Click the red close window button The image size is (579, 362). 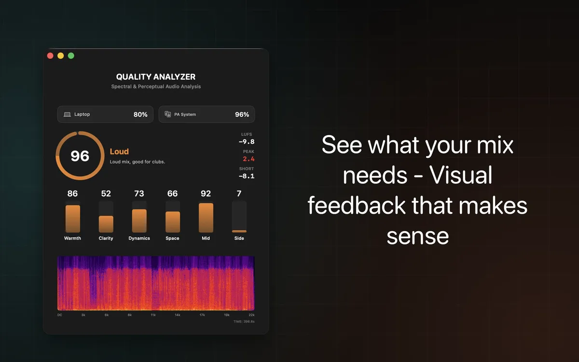[x=50, y=56]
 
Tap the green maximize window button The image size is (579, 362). [x=71, y=56]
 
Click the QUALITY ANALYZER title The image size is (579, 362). [x=156, y=77]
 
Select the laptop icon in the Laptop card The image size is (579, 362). [x=68, y=114]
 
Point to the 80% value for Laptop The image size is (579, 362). [x=140, y=114]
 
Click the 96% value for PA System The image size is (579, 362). [x=242, y=114]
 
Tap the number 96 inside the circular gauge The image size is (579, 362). [x=80, y=156]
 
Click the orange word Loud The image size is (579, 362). [x=119, y=152]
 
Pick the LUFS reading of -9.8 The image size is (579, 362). [x=247, y=142]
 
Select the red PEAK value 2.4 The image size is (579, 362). [x=248, y=159]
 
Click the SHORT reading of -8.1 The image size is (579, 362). [x=247, y=176]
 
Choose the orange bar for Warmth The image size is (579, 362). [x=73, y=219]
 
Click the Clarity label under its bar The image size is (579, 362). [x=106, y=238]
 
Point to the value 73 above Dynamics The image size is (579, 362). [x=139, y=194]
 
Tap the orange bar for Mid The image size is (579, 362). [x=206, y=218]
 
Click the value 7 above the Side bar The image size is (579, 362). [x=239, y=194]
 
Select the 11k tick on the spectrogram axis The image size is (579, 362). [x=153, y=315]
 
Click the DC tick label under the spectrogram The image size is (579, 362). [x=60, y=315]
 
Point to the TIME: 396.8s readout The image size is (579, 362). [x=244, y=321]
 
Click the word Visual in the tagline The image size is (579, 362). [x=461, y=175]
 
